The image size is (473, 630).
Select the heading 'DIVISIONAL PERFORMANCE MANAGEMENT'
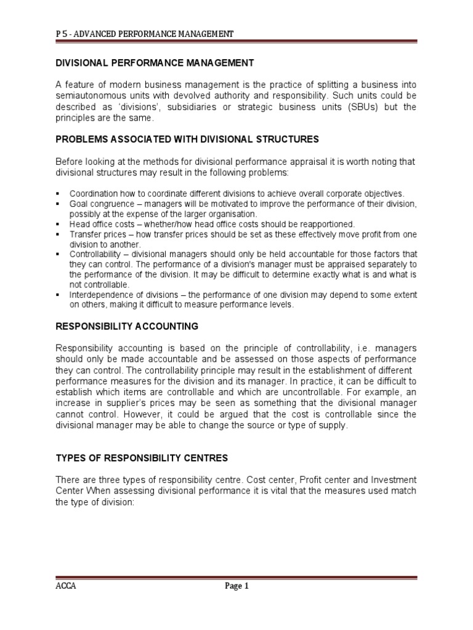[x=155, y=63]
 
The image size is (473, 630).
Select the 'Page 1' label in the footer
[x=236, y=586]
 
